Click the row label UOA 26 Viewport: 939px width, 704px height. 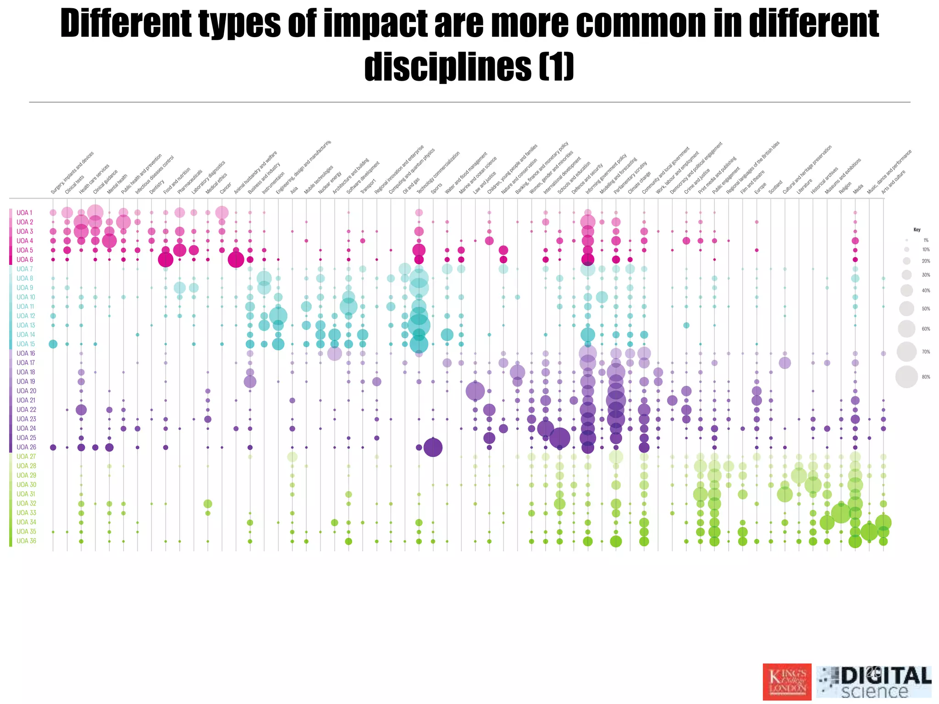point(26,447)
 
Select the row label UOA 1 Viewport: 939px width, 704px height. point(24,213)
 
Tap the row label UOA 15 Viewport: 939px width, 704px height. point(26,344)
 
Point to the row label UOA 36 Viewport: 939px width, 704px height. point(26,541)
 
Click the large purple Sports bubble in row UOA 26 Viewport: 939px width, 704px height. point(433,447)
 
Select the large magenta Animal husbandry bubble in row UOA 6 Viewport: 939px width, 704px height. point(236,260)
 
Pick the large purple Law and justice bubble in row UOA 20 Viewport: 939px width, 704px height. point(475,391)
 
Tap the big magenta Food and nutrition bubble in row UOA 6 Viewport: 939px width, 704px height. point(166,260)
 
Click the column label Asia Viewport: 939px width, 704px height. point(294,189)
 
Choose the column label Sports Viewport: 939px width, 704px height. point(436,188)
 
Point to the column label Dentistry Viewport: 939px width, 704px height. point(156,187)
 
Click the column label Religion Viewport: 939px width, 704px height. point(845,188)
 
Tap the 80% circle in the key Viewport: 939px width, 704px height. point(906,377)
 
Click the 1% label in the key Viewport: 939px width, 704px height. point(926,240)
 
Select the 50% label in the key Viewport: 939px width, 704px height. point(926,309)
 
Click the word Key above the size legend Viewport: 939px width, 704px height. point(917,230)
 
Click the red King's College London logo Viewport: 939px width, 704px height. point(787,682)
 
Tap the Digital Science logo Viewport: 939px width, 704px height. point(874,682)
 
